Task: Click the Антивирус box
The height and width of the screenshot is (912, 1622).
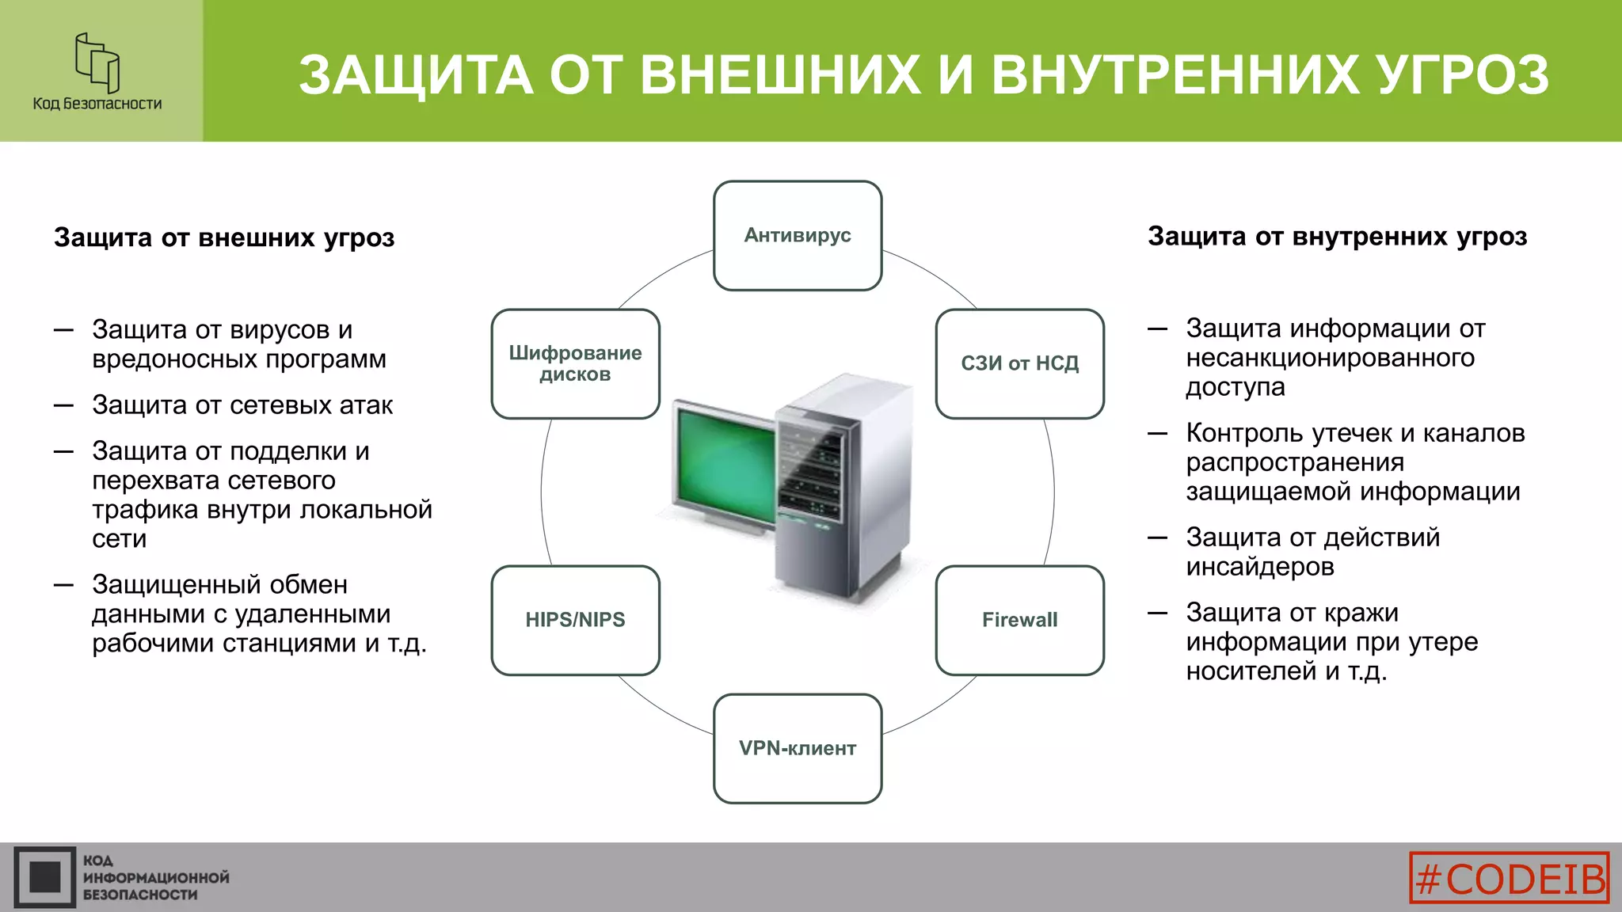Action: tap(798, 235)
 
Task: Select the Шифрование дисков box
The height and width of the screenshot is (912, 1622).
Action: tap(575, 363)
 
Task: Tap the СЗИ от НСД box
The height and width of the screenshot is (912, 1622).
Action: tap(1019, 363)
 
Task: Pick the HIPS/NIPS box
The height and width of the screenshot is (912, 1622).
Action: tap(575, 620)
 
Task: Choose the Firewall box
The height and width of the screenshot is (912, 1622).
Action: tap(1019, 620)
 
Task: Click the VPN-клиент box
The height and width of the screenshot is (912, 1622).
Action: tap(798, 748)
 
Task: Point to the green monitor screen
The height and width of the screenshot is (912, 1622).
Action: tap(722, 463)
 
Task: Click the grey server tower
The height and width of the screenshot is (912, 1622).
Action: tap(840, 491)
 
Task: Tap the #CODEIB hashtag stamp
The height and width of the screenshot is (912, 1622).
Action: tap(1510, 878)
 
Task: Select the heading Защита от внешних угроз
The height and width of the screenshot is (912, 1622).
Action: tap(224, 237)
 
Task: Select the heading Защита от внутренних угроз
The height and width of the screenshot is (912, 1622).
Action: tap(1337, 236)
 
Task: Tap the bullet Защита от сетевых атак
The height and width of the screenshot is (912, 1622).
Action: tap(242, 405)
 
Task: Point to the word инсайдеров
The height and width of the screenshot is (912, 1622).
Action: tap(1260, 567)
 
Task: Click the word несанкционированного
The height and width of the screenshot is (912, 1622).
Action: tap(1330, 358)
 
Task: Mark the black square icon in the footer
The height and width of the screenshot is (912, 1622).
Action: tap(45, 877)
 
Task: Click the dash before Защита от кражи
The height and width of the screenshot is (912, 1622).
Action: tap(1158, 613)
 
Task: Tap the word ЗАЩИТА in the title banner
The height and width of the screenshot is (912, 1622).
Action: tap(416, 75)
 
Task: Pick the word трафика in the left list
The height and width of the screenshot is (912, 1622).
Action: tap(145, 510)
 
